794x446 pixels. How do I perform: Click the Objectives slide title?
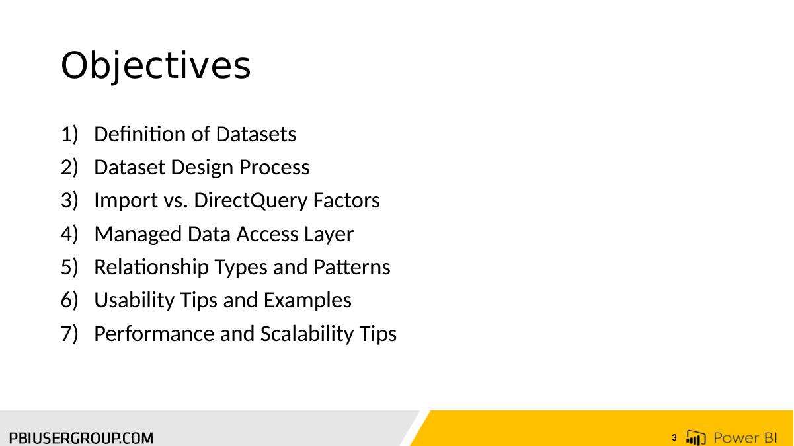(156, 66)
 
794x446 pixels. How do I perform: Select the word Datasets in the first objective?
(256, 134)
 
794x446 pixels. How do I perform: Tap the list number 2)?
(69, 167)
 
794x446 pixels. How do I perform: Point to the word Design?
(202, 168)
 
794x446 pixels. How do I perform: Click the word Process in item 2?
(274, 167)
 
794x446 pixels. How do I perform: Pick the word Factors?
(346, 200)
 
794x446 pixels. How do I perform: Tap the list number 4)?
(69, 234)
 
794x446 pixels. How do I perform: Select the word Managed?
(138, 235)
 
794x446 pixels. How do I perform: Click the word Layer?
(329, 235)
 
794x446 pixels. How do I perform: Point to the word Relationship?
(151, 267)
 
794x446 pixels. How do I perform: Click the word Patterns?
(352, 267)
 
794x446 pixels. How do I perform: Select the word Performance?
(154, 334)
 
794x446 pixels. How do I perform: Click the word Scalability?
(307, 334)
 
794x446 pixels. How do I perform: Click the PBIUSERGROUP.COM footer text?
(81, 438)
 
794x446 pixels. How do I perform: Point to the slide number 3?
(674, 438)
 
